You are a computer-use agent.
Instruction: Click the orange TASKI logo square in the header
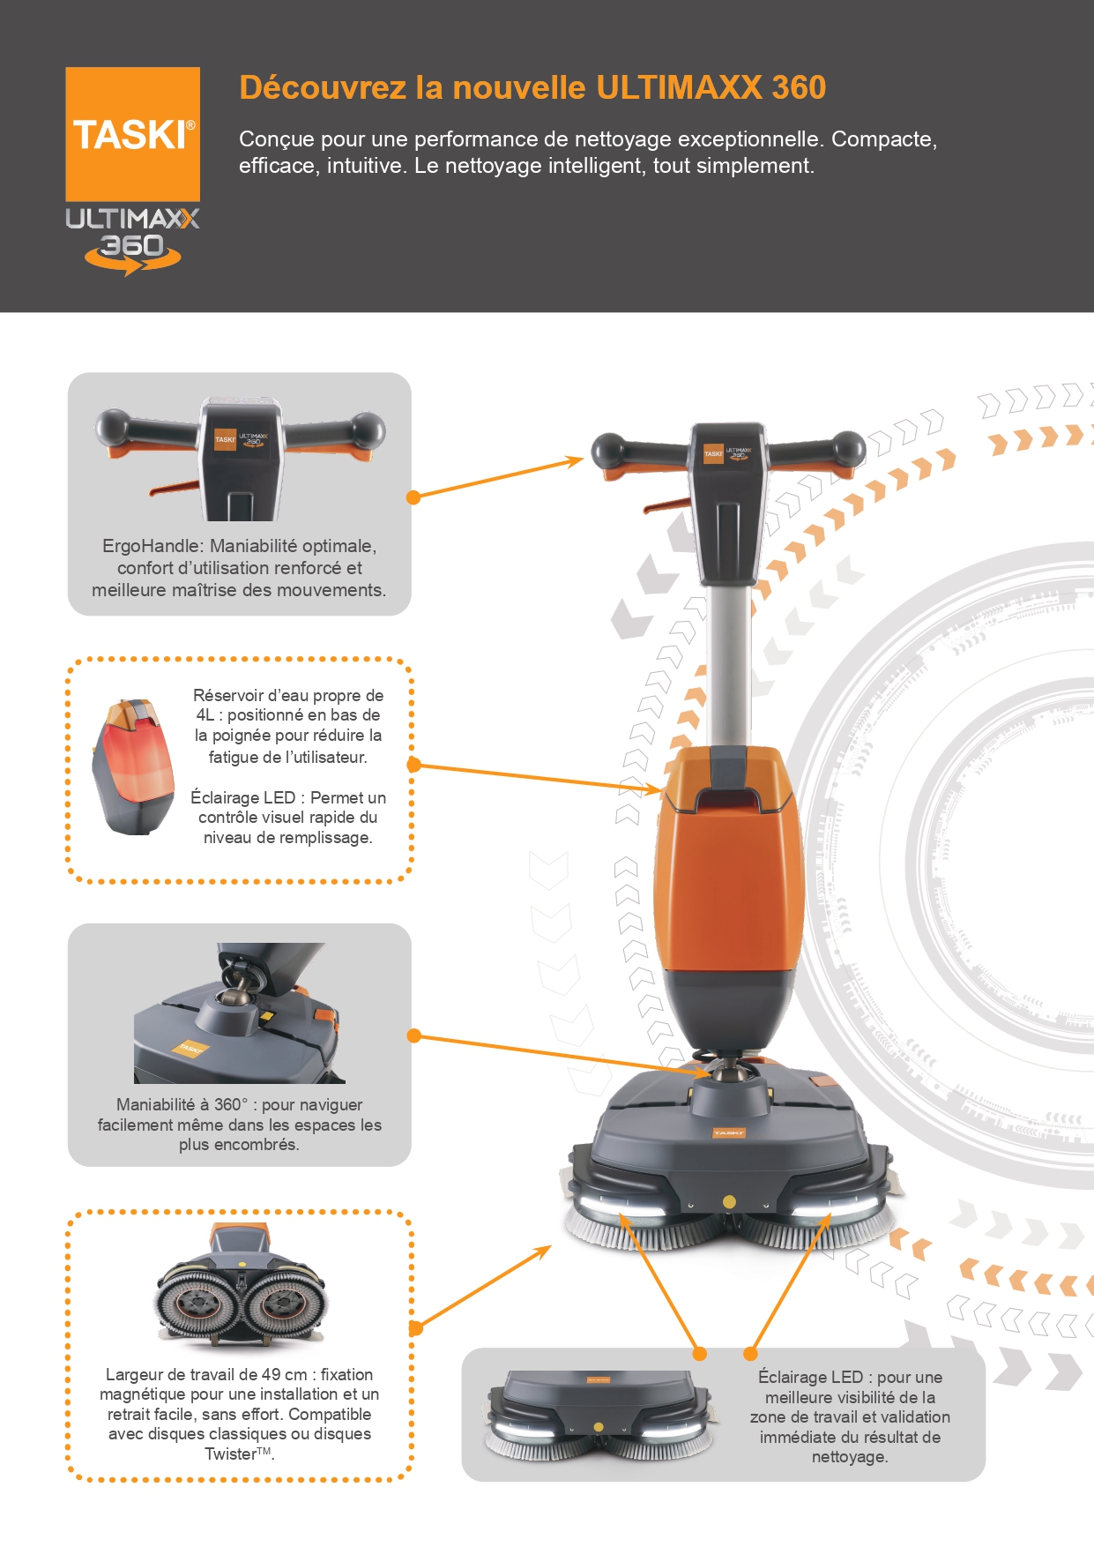coord(132,134)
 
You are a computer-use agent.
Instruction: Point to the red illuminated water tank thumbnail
coord(133,766)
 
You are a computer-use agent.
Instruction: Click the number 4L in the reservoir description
coord(205,715)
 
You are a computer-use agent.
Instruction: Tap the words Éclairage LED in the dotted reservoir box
coord(242,797)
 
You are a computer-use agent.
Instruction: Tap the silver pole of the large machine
coord(729,661)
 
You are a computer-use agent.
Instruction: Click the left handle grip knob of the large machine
coord(608,450)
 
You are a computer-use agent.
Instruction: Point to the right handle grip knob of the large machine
coord(849,447)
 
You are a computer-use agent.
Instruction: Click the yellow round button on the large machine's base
coord(729,1201)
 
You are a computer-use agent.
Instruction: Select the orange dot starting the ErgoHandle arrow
coord(413,497)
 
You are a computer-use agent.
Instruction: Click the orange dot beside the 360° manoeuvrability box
coord(413,1035)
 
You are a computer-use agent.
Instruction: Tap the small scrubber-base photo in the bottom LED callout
coord(599,1415)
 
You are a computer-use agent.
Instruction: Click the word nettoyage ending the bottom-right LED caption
coord(849,1457)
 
